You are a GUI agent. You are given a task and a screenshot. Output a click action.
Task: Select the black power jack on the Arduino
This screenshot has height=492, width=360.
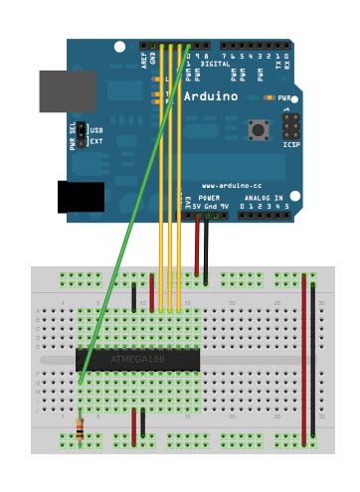click(x=80, y=197)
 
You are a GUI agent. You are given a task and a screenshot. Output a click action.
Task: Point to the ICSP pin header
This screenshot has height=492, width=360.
click(x=290, y=126)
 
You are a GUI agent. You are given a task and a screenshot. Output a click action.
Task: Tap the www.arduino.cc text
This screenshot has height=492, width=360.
click(x=231, y=186)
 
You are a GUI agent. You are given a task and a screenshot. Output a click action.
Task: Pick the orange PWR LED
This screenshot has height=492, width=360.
click(x=271, y=98)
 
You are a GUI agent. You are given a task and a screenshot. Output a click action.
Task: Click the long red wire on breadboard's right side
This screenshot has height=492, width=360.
click(x=304, y=358)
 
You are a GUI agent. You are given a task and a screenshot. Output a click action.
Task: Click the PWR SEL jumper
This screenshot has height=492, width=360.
click(x=84, y=136)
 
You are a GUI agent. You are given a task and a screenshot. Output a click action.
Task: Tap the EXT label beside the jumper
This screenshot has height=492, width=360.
click(x=96, y=142)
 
